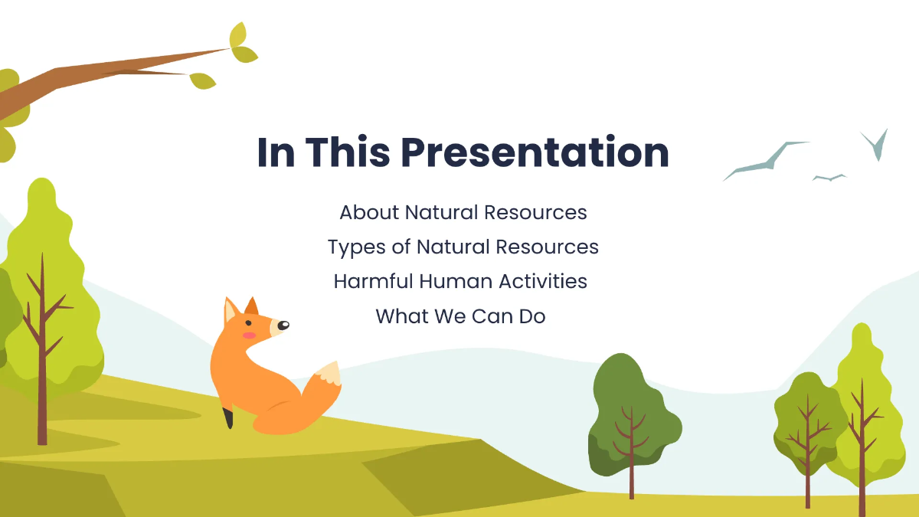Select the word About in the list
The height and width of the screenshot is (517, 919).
pyautogui.click(x=369, y=212)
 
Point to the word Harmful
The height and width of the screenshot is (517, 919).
pyautogui.click(x=373, y=281)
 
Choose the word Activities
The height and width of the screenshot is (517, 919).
pyautogui.click(x=543, y=281)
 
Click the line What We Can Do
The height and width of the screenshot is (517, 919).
pyautogui.click(x=460, y=316)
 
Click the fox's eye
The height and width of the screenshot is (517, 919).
pyautogui.click(x=281, y=325)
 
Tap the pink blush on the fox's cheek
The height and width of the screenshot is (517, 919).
pyautogui.click(x=248, y=335)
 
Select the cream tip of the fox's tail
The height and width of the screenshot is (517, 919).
pyautogui.click(x=329, y=373)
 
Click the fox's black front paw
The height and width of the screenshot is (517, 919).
pyautogui.click(x=227, y=418)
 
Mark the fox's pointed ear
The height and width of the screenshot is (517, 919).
pyautogui.click(x=230, y=311)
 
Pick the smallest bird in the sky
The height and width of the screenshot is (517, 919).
pyautogui.click(x=829, y=178)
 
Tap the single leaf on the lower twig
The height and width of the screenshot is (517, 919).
pyautogui.click(x=203, y=80)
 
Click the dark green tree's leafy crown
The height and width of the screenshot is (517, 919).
pyautogui.click(x=632, y=406)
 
